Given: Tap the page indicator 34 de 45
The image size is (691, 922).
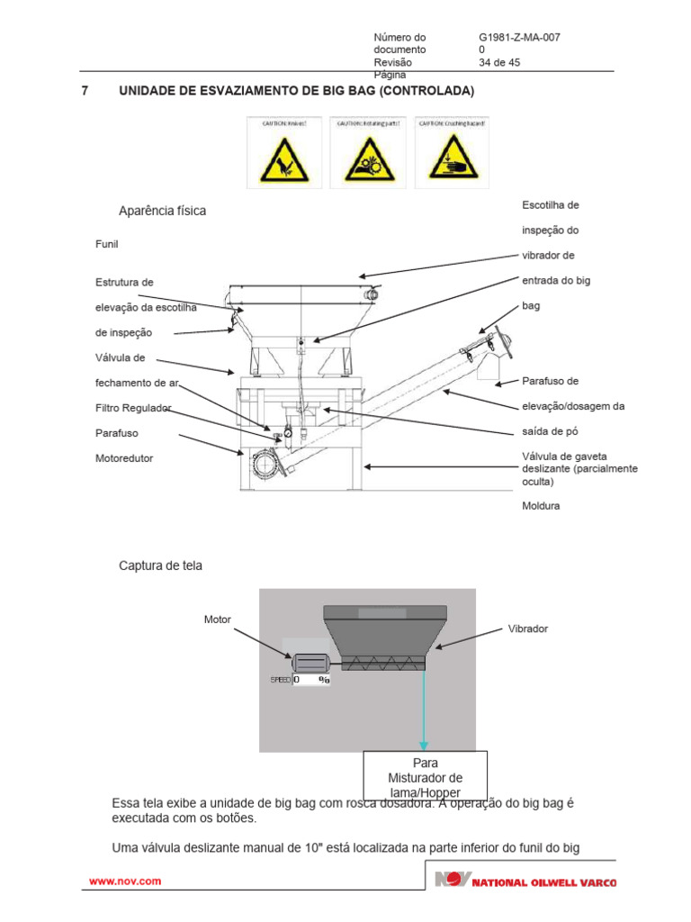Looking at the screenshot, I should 500,63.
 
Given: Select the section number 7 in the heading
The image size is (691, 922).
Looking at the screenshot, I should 84,92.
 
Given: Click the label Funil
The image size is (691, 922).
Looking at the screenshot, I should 107,244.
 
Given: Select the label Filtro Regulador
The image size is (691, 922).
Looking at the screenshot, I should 133,408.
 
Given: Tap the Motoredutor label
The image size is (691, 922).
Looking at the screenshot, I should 124,458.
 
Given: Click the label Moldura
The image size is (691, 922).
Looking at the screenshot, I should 541,506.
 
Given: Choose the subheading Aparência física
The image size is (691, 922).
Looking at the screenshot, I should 162,211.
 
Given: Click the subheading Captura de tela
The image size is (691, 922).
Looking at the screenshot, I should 161,566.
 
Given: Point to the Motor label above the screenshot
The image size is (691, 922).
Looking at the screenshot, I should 218,619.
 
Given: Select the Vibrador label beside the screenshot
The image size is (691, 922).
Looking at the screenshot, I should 528,628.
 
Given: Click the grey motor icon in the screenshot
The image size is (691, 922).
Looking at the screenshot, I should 311,663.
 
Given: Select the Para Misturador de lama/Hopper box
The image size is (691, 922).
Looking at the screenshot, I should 425,774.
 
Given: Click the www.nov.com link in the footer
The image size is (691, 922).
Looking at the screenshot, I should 124,881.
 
